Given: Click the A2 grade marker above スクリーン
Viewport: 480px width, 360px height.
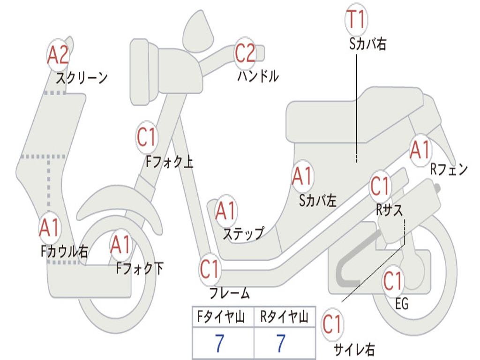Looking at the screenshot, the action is click(58, 55).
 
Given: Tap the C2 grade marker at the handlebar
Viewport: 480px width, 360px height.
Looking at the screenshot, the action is click(245, 53).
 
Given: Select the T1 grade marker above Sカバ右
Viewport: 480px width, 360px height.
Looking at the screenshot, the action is click(356, 20).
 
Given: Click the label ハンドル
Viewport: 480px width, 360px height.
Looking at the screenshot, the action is click(258, 76).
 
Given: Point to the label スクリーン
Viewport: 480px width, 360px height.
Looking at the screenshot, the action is click(82, 78).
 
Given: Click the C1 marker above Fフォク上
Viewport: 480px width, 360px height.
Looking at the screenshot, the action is click(146, 137).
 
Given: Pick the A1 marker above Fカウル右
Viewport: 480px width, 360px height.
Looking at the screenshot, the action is click(49, 228).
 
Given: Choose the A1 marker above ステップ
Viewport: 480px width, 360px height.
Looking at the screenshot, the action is click(226, 211).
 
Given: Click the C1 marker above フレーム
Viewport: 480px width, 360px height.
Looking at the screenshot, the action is click(210, 269).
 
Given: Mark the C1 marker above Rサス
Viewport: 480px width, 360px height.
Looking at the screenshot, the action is click(380, 187).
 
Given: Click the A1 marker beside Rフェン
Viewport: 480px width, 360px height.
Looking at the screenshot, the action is click(420, 150).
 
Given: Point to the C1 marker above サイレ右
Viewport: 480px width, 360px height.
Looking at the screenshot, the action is click(332, 324).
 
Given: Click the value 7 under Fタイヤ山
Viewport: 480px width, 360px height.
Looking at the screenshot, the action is click(219, 344).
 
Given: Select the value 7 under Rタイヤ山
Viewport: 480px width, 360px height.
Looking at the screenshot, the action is click(281, 344).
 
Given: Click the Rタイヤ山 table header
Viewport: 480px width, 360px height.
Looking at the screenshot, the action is click(284, 318).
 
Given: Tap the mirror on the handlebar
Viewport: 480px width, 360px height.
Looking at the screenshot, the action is click(197, 30).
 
